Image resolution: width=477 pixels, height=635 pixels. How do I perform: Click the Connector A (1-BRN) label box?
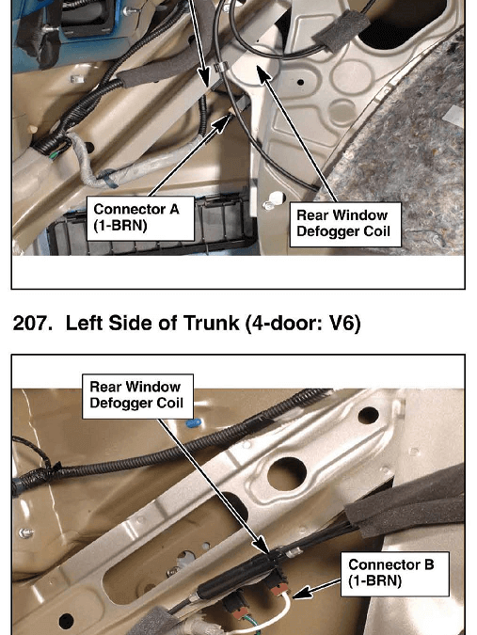pos(140,218)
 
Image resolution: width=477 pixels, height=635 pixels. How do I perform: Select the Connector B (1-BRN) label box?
pos(395,574)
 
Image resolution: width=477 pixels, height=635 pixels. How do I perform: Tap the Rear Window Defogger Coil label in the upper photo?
pos(345,224)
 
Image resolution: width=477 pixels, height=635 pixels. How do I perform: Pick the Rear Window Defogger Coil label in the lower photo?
pos(137,396)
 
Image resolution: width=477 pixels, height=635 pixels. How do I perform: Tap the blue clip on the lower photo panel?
pos(194,423)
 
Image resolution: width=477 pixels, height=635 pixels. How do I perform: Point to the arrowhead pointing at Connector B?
pos(299,594)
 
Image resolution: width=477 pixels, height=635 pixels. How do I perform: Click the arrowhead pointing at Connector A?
pos(223,122)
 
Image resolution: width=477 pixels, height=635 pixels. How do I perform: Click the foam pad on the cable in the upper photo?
pos(341,30)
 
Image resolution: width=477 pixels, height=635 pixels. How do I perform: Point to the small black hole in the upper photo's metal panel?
pos(300,82)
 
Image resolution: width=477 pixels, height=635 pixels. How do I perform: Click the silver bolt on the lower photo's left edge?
pos(26,533)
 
